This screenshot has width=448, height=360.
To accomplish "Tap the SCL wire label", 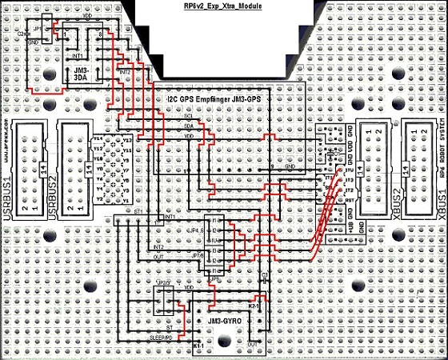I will tap(188, 118).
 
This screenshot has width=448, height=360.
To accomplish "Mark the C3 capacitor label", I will tap(264, 274).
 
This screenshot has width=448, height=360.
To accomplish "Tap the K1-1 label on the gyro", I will tap(200, 346).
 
